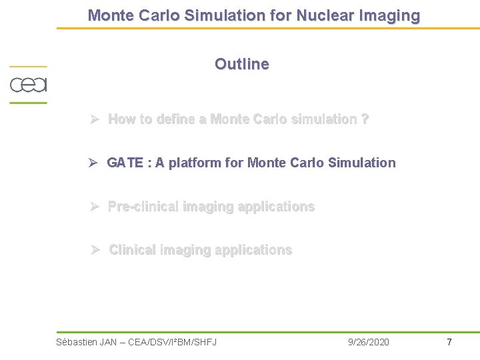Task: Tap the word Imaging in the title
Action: tap(391, 15)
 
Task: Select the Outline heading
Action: tap(241, 64)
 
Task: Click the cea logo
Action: tap(28, 85)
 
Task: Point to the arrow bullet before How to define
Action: tap(95, 119)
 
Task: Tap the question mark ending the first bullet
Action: tap(365, 119)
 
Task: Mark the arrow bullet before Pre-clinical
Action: tap(95, 207)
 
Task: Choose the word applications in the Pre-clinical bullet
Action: tap(275, 207)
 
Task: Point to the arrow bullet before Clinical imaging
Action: tap(95, 250)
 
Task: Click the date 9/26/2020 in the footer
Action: tap(369, 342)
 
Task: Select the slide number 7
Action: tap(449, 342)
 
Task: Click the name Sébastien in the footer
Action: tap(76, 342)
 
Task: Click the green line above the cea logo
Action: tap(28, 66)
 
